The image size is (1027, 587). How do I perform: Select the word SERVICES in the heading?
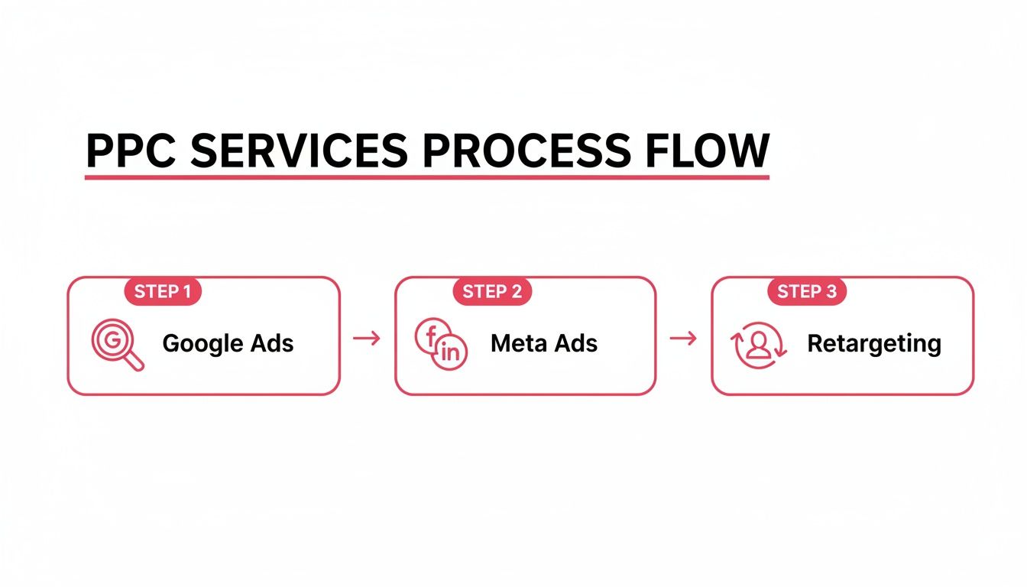click(x=299, y=151)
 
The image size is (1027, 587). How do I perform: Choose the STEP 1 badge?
click(x=162, y=291)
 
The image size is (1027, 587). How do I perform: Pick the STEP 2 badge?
click(x=492, y=291)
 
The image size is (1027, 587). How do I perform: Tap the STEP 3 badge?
click(x=807, y=291)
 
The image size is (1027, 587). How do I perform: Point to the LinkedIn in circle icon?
click(x=451, y=353)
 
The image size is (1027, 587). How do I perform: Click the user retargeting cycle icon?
click(x=759, y=345)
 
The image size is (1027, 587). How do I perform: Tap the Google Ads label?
click(x=228, y=343)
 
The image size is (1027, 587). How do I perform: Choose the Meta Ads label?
click(x=544, y=343)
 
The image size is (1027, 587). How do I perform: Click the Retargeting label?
click(x=873, y=344)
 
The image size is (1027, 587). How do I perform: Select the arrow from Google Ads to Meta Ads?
click(x=367, y=338)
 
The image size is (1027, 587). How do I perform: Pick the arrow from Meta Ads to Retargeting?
click(x=683, y=338)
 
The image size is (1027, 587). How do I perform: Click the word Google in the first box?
click(x=202, y=343)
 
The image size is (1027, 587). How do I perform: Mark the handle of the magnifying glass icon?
click(x=134, y=362)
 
